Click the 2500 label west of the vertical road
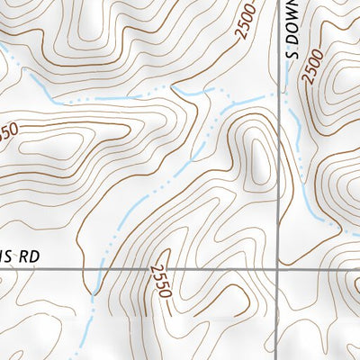245,22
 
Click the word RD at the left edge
28,256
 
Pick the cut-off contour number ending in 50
7,132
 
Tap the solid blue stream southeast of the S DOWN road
310,202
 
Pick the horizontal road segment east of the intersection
319,268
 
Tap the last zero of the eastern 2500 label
308,80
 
